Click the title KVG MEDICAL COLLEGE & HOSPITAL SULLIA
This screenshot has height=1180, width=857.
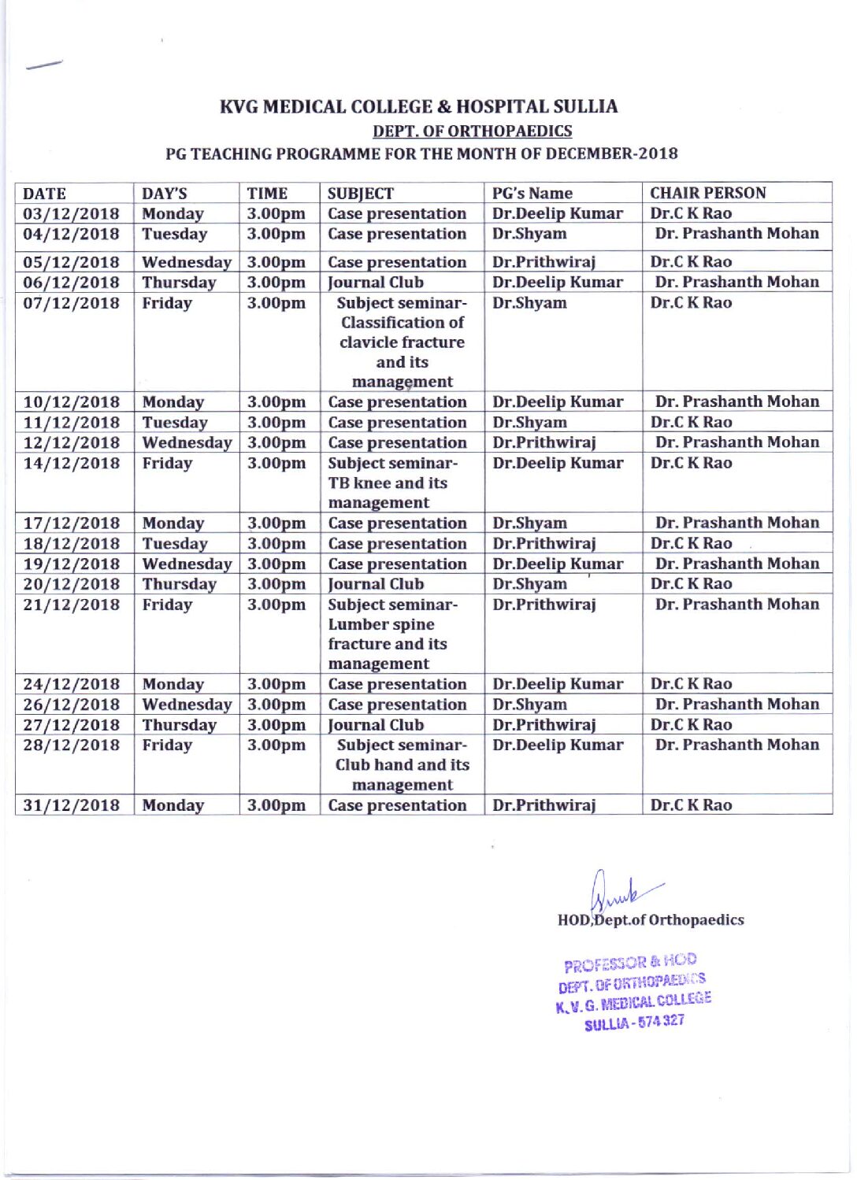pos(418,106)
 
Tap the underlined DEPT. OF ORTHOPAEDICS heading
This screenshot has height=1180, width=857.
pos(472,131)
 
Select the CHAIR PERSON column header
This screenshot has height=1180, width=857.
pos(707,193)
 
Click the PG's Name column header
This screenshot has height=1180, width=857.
pos(532,193)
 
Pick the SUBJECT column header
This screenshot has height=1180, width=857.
pos(360,193)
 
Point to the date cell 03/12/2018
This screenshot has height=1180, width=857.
pos(71,213)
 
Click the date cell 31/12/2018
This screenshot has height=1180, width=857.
pos(71,805)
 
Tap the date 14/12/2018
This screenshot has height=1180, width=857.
pos(71,463)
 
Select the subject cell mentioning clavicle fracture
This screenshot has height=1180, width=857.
pos(402,342)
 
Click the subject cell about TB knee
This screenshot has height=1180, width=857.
pos(388,483)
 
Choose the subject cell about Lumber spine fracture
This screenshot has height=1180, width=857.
pos(388,634)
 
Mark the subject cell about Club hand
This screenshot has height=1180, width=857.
pos(402,764)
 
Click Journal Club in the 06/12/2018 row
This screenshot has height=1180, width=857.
pos(376,282)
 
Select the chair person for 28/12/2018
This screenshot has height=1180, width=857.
pos(736,745)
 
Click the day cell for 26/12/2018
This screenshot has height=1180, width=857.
pos(187,705)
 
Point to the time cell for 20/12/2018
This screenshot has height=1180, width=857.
pos(276,584)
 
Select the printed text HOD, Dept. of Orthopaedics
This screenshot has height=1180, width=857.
pos(651,920)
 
